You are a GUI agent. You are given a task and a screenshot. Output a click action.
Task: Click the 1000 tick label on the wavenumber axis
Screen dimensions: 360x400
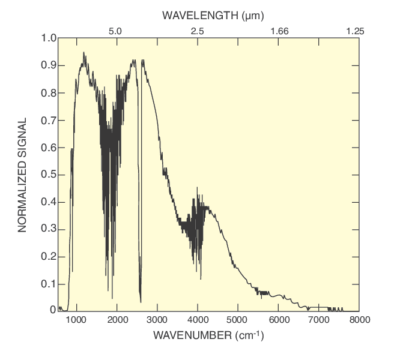(76, 319)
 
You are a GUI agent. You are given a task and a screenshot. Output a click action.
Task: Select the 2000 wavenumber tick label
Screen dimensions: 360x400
(117, 319)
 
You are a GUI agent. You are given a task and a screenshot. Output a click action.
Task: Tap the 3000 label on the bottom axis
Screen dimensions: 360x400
(157, 319)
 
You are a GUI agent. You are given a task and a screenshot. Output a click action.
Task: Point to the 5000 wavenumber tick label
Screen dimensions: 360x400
(238, 319)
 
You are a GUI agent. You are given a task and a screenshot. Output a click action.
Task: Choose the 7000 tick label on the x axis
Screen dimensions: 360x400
(318, 319)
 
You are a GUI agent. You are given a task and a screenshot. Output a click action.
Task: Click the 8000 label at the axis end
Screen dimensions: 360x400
(359, 319)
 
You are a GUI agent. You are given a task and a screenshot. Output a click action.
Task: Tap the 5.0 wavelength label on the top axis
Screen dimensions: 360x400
(116, 30)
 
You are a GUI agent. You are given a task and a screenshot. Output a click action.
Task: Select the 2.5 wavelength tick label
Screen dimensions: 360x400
(197, 30)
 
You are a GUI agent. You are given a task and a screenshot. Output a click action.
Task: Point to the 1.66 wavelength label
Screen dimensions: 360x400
(279, 30)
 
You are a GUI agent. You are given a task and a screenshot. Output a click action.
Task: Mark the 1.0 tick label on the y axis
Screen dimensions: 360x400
(49, 38)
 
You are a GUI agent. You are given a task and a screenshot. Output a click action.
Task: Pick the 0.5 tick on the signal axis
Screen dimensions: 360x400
(49, 175)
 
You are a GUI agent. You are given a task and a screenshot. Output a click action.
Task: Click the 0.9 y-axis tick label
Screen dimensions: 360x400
(49, 65)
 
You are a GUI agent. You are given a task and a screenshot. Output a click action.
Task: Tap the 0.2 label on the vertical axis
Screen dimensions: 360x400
(49, 256)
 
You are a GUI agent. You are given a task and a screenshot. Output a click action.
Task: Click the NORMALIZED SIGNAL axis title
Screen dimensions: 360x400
(22, 175)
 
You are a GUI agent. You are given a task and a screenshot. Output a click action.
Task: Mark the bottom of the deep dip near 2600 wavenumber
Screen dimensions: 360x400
(141, 302)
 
